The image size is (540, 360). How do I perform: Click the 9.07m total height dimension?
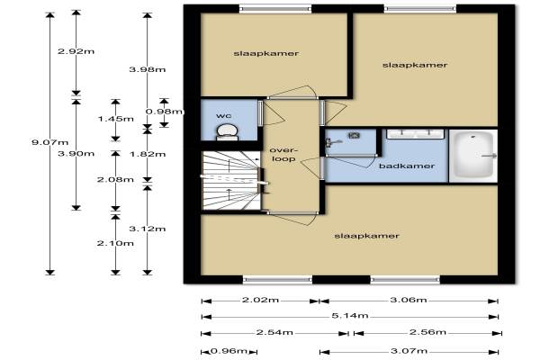point(49,142)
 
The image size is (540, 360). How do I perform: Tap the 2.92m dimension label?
point(76,51)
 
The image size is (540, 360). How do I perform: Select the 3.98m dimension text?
point(148,69)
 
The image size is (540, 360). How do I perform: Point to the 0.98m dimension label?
point(165,112)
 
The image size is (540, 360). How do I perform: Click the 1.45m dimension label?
point(116,119)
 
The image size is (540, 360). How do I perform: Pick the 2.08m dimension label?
point(115,179)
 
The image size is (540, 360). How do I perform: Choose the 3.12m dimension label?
point(148,229)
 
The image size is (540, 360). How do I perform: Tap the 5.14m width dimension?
point(350,316)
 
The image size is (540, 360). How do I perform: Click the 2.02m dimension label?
point(260,300)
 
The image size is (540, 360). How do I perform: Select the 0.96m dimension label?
point(229,351)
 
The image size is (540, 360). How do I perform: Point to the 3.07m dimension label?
point(409,351)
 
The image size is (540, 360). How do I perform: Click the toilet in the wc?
point(227,132)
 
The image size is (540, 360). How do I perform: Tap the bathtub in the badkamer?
point(473,155)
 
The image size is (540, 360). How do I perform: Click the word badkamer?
point(407,166)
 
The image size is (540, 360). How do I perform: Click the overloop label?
point(283,154)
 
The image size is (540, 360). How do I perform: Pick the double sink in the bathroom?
point(415,134)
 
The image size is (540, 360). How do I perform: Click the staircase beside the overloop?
point(231,180)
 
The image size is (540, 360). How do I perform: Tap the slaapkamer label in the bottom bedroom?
point(367,236)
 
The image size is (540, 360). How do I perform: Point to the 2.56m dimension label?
point(427,332)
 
